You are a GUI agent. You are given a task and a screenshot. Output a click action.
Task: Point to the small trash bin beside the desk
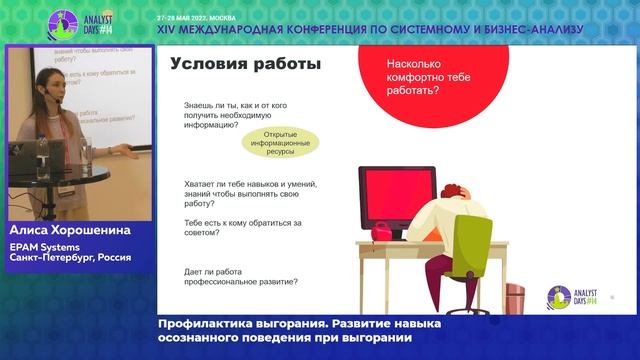click(x=515, y=301)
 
